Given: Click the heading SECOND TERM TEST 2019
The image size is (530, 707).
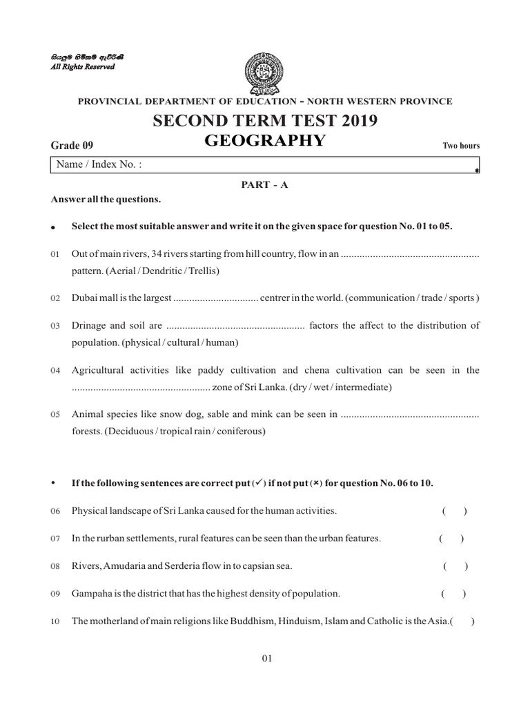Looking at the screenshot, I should tap(266, 122).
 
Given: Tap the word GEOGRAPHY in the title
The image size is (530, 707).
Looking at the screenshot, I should tap(265, 141).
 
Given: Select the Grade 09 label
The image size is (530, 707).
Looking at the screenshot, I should tap(72, 145).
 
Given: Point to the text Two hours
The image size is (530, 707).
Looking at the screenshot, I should tap(460, 146).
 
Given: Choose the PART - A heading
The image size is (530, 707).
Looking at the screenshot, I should tap(265, 186).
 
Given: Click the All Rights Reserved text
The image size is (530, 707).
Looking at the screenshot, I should tap(84, 67).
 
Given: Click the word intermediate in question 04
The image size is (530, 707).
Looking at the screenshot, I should tap(364, 387).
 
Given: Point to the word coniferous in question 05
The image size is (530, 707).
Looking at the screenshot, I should tap(242, 432).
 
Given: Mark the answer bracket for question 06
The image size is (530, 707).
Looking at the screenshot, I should tap(455, 511).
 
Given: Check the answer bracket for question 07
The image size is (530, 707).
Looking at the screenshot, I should tap(451, 538).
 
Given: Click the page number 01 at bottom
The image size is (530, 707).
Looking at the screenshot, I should tap(268, 659).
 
